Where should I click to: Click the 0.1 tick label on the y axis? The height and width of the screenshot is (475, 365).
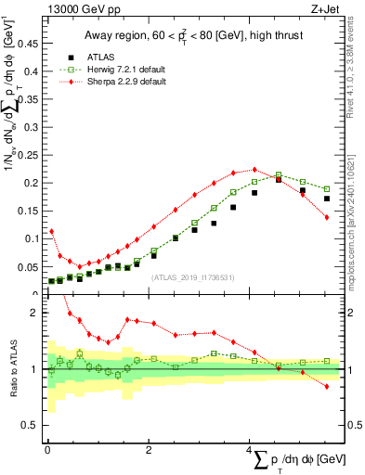(33, 238)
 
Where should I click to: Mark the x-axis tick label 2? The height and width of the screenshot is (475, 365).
(149, 450)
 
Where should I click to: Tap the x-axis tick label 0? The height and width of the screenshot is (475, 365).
(47, 450)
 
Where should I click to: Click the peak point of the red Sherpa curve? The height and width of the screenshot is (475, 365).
(254, 169)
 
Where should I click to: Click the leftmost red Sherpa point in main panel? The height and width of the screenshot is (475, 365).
(51, 231)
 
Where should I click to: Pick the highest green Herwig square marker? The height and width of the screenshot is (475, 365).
(279, 174)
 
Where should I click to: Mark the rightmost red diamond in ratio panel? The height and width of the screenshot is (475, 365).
(327, 386)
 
